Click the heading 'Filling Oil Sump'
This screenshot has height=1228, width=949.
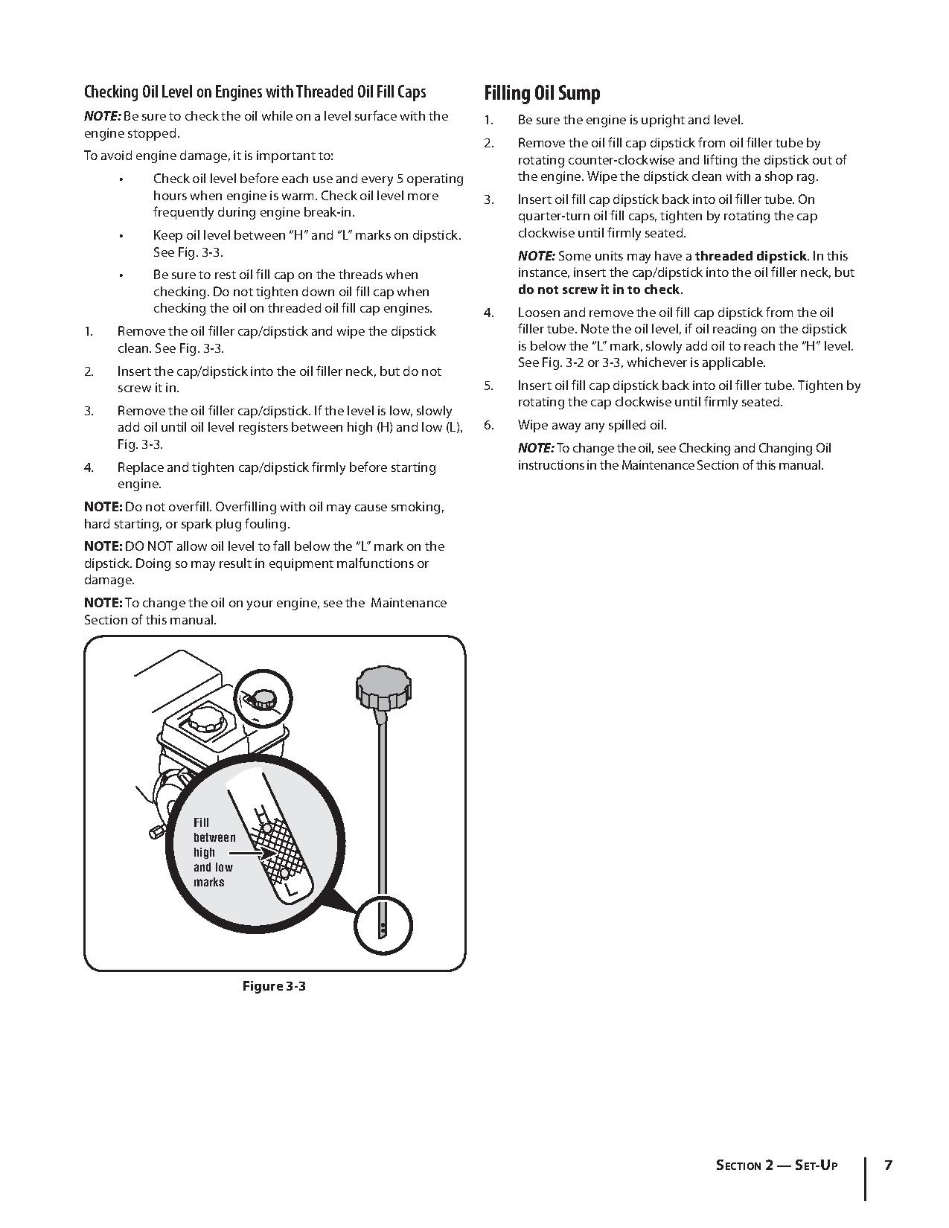[542, 93]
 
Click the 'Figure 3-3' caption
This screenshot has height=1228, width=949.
[274, 986]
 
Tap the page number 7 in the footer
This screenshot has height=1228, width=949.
[888, 1165]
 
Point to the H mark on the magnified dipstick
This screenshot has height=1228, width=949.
[261, 815]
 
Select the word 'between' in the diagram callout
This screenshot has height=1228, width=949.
[214, 837]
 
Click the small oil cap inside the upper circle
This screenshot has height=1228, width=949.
[262, 699]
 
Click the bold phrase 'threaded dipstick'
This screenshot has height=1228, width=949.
[750, 255]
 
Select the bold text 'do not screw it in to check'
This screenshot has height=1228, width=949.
[599, 290]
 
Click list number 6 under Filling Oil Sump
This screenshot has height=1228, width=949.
[488, 425]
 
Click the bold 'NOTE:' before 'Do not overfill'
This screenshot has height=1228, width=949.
[103, 507]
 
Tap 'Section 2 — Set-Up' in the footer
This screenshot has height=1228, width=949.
[776, 1165]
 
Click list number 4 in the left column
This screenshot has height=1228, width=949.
[89, 467]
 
